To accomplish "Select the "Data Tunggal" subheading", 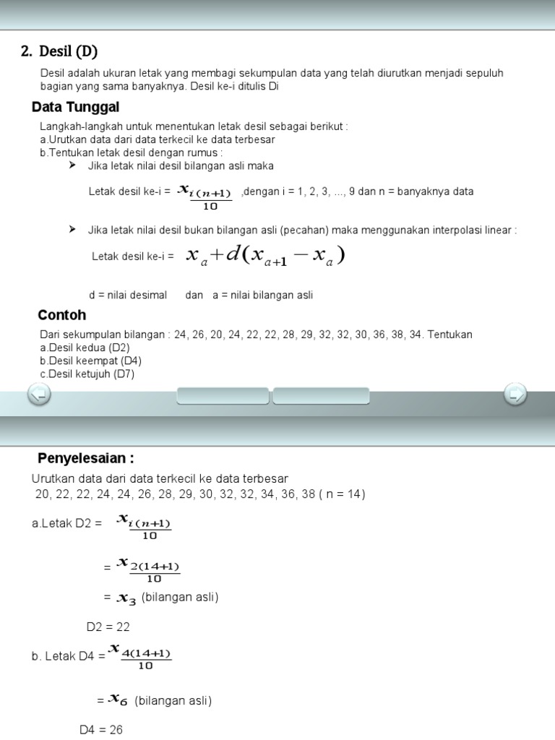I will click(x=75, y=108).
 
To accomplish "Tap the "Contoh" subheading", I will click(x=61, y=315).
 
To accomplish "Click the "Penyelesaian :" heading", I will click(x=85, y=459).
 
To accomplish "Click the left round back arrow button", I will click(x=38, y=395).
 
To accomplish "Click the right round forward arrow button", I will click(x=515, y=395).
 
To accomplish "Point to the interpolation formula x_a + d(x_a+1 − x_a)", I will click(x=265, y=256).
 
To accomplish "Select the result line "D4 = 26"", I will click(x=100, y=730).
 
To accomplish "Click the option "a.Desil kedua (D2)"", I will click(x=85, y=348).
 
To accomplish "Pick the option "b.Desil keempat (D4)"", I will click(x=90, y=361).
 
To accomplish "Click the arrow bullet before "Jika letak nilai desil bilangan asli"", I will click(x=72, y=165).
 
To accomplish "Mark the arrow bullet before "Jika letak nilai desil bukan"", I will click(x=72, y=230).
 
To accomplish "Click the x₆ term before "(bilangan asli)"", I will click(x=118, y=700).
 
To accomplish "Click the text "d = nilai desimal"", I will click(x=127, y=295).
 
